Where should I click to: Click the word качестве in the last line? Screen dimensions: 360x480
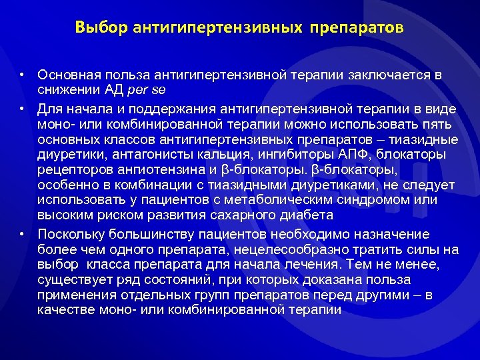click(x=63, y=310)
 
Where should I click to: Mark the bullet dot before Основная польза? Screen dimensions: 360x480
click(x=22, y=75)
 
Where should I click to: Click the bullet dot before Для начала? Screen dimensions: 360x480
click(x=22, y=108)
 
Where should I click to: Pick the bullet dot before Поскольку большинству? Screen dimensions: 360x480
click(x=22, y=234)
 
